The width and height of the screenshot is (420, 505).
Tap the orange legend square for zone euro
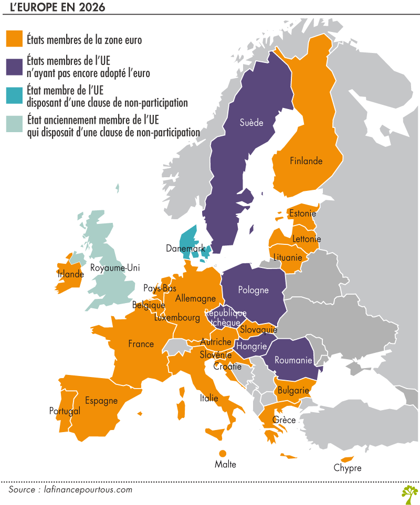[14, 39]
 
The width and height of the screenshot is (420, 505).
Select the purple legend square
[14, 67]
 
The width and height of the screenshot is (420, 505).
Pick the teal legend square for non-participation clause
[14, 96]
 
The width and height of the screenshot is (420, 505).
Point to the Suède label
[251, 123]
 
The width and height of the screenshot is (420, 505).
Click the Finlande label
[306, 161]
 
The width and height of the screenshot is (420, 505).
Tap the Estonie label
[302, 213]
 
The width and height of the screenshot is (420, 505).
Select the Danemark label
[185, 248]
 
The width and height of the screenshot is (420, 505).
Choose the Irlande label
[71, 274]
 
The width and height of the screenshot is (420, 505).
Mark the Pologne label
[253, 290]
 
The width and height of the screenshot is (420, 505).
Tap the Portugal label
[65, 411]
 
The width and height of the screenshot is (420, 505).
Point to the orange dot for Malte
[222, 453]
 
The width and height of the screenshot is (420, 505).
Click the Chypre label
[348, 468]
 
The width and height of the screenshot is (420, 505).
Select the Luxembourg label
[177, 318]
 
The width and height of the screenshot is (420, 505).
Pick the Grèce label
[284, 420]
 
